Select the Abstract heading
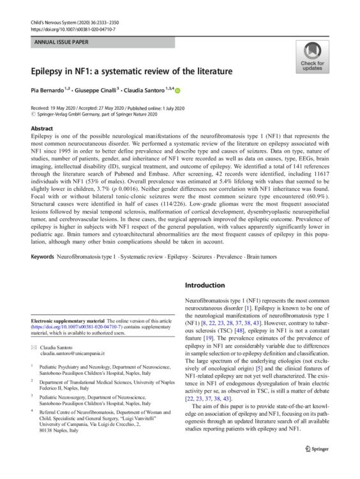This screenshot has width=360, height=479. click(x=43, y=128)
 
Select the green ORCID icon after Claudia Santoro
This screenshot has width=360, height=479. click(x=177, y=90)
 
